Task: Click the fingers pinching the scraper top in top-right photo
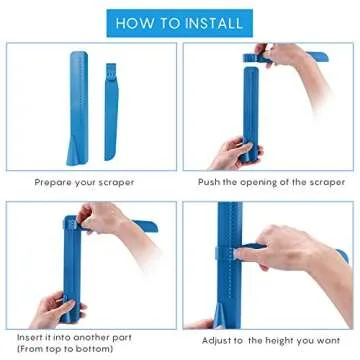click(x=263, y=52)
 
